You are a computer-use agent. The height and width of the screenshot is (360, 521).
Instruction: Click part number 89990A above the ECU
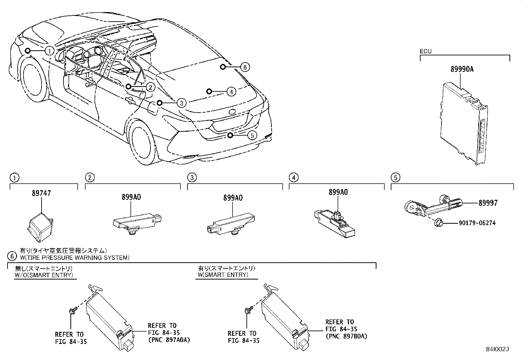(x=462, y=69)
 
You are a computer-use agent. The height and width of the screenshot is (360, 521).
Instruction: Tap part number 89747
(x=41, y=194)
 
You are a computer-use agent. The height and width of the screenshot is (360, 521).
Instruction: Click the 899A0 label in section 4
(x=338, y=192)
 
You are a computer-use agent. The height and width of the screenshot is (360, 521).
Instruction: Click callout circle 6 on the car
(x=244, y=67)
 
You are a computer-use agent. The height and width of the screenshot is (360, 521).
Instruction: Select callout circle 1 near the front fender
(x=49, y=50)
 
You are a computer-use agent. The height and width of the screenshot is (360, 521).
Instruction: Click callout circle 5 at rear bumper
(x=252, y=135)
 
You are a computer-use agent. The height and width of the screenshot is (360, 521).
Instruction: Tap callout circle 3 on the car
(x=181, y=103)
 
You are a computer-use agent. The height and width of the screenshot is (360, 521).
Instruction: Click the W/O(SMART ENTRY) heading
(x=44, y=275)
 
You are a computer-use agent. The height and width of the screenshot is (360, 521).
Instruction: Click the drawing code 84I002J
(x=499, y=349)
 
